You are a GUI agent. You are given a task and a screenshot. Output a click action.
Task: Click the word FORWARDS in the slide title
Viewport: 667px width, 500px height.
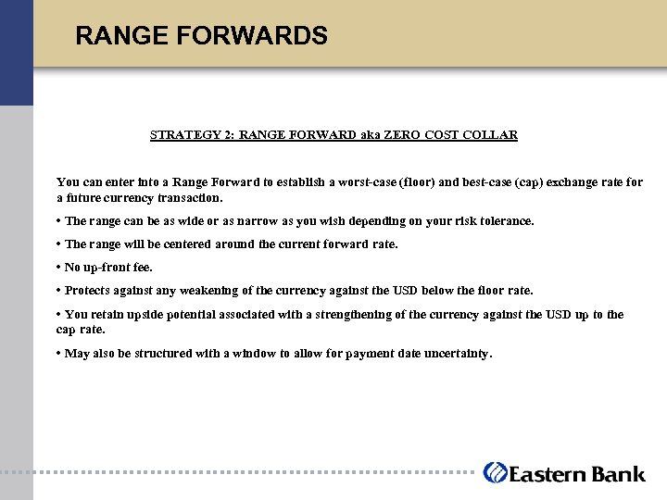[x=261, y=36]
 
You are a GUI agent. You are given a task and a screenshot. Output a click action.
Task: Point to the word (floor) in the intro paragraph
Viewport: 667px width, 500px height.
[x=415, y=182]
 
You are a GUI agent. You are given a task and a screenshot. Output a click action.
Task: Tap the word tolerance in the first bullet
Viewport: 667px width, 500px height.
[x=505, y=221]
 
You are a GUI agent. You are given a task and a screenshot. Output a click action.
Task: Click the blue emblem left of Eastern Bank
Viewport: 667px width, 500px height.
[x=495, y=472]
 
